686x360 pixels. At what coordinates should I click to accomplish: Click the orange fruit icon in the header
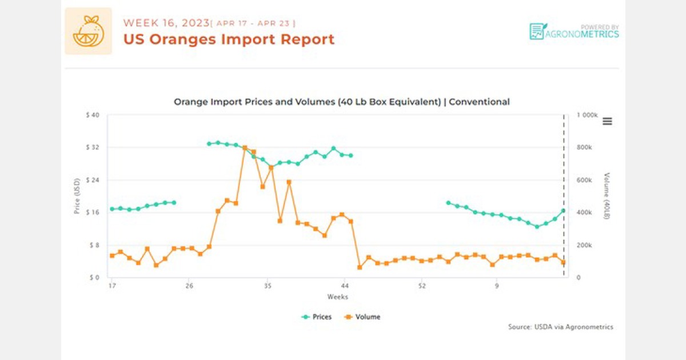pyautogui.click(x=88, y=31)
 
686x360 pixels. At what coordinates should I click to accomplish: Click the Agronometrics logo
pyautogui.click(x=574, y=31)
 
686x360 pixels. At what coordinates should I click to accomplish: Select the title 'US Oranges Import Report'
pyautogui.click(x=229, y=39)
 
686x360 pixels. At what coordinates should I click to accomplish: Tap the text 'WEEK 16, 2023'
pyautogui.click(x=165, y=23)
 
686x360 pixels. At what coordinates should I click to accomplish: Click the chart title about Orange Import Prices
pyautogui.click(x=341, y=102)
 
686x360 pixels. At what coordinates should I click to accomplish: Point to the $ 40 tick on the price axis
pyautogui.click(x=91, y=115)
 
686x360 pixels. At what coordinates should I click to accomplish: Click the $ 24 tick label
pyautogui.click(x=91, y=180)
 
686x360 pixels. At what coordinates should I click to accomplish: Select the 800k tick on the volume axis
pyautogui.click(x=585, y=147)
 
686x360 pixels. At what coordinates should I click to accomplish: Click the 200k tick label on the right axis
pyautogui.click(x=585, y=245)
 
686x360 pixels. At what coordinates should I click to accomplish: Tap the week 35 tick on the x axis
pyautogui.click(x=267, y=286)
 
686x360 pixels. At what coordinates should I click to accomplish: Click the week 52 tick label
pyautogui.click(x=422, y=286)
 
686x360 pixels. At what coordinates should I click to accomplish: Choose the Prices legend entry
pyautogui.click(x=317, y=317)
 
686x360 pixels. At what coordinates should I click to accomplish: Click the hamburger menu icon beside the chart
pyautogui.click(x=607, y=121)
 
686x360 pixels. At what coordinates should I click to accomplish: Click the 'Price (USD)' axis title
pyautogui.click(x=77, y=196)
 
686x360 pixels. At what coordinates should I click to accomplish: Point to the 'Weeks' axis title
pyautogui.click(x=337, y=297)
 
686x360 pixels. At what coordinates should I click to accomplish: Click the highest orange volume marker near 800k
pyautogui.click(x=245, y=148)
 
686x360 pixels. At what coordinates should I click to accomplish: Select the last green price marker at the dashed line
pyautogui.click(x=564, y=211)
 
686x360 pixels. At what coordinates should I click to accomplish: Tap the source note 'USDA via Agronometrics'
pyautogui.click(x=560, y=327)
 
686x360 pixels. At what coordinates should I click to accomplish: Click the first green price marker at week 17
pyautogui.click(x=112, y=209)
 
